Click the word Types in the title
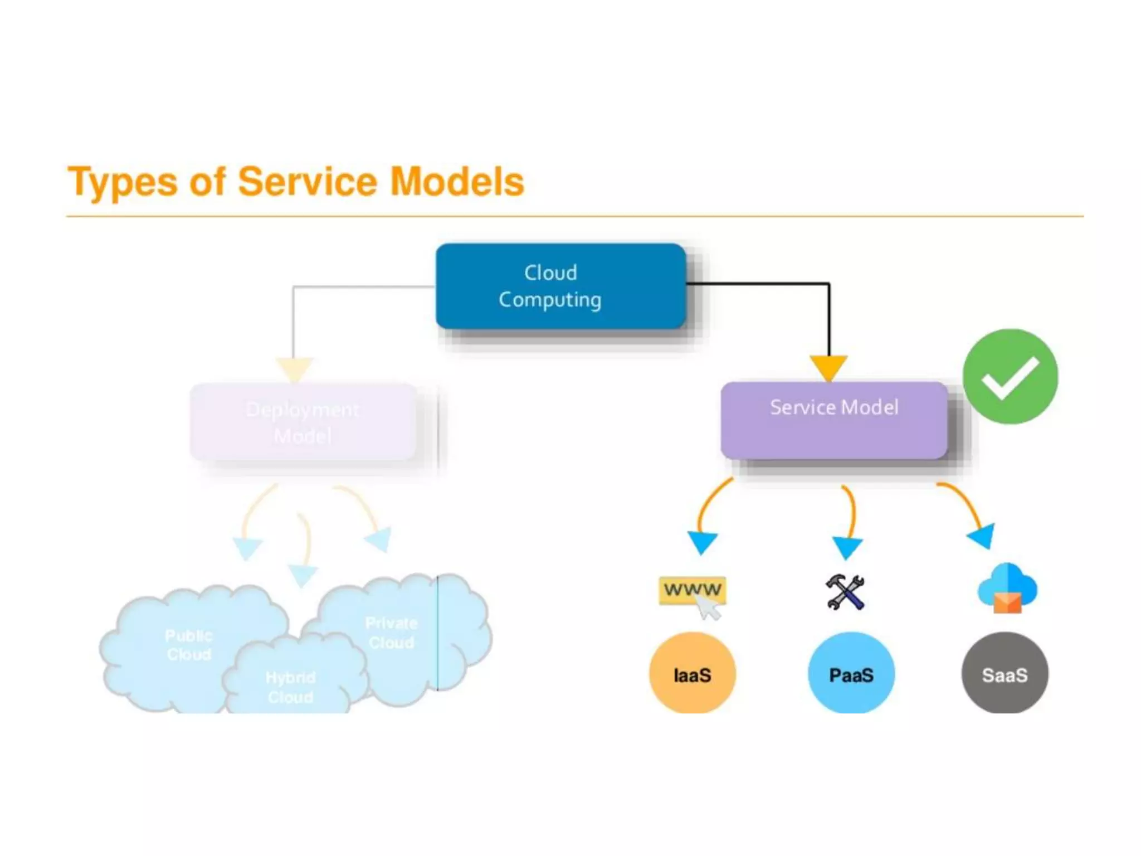click(x=122, y=182)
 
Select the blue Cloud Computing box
click(x=560, y=286)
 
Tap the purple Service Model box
click(x=833, y=420)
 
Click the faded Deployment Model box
click(x=303, y=422)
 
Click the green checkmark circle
click(x=1010, y=377)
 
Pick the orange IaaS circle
click(x=692, y=674)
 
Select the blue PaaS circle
click(x=851, y=674)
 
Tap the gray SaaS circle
click(x=1005, y=674)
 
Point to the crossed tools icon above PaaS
click(x=845, y=592)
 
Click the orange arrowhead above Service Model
click(x=828, y=367)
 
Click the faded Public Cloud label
click(x=189, y=645)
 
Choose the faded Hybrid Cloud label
click(x=290, y=687)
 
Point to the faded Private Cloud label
click(x=391, y=633)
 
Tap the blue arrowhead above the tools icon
click(x=847, y=547)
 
